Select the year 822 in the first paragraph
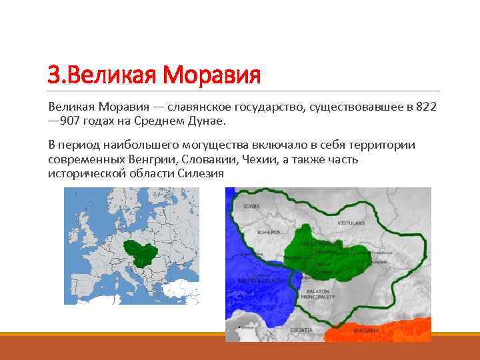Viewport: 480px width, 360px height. [425, 107]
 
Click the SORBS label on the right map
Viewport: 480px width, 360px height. [251, 207]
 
